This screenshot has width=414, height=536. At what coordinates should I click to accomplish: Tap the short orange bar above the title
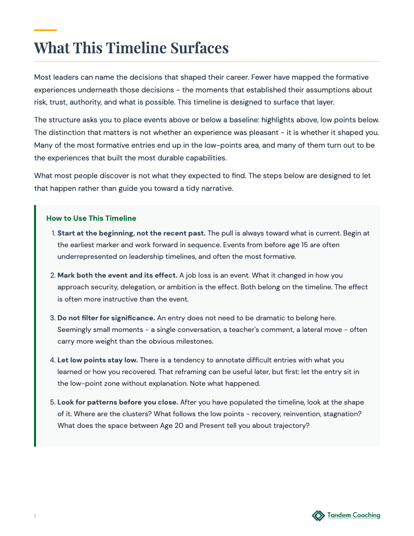coord(45,30)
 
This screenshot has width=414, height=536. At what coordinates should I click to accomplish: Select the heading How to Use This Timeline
coord(91,218)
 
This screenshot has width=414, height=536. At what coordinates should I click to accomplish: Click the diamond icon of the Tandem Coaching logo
coord(318,516)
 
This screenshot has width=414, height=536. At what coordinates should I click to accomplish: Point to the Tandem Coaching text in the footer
coord(354,515)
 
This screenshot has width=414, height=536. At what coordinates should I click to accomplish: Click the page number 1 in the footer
coord(35,516)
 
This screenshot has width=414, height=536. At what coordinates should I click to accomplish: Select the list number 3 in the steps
coord(52,318)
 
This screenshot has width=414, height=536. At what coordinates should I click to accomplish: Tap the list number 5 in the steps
coord(52,402)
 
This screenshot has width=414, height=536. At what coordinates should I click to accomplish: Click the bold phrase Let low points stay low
coord(97,360)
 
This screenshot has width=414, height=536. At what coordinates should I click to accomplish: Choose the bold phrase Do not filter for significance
coord(106,318)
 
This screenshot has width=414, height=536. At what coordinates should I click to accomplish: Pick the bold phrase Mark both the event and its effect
coord(117,275)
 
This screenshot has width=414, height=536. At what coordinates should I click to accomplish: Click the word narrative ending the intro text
coord(217,188)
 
